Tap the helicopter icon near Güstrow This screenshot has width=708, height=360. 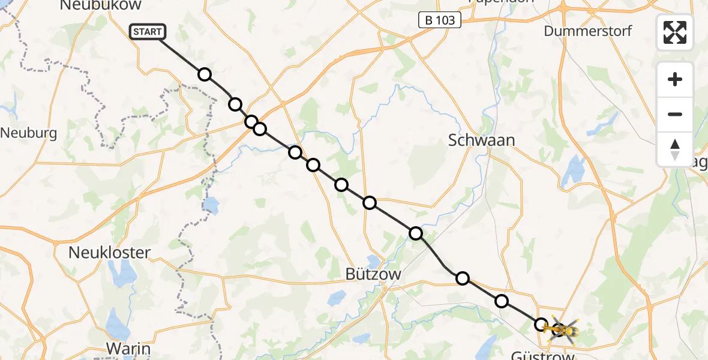point(561,329)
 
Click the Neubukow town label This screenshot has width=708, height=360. point(101,5)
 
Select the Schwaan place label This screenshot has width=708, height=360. point(482,140)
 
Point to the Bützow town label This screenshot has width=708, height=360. point(373,274)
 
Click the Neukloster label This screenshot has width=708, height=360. point(109,253)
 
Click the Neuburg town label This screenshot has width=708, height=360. point(28,133)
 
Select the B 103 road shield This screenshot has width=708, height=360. point(440,20)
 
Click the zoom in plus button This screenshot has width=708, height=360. point(675,79)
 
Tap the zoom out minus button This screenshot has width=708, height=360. point(675,114)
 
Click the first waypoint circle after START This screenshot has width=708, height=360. point(205,74)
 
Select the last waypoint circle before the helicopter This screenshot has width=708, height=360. point(541,325)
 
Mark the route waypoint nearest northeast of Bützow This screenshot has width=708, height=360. point(416,233)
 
